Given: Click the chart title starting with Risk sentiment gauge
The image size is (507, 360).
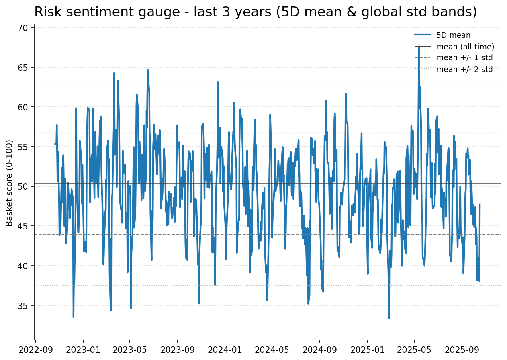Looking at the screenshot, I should click(256, 12).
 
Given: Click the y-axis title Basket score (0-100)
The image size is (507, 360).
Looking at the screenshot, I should click(10, 183).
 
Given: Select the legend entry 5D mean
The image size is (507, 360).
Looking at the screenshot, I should click(453, 35).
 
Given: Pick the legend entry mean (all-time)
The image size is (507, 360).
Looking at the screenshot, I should click(465, 47).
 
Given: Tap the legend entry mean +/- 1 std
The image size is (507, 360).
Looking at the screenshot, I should click(464, 58).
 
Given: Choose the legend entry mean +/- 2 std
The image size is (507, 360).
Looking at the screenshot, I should click(464, 69).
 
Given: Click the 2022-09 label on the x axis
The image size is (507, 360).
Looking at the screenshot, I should click(36, 350).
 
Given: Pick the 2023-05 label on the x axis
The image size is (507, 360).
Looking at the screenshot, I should click(130, 350).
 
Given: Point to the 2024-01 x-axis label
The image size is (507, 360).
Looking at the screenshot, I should click(225, 350).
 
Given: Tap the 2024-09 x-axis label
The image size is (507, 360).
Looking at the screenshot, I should click(320, 350).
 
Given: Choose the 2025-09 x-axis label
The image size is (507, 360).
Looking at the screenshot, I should click(462, 350).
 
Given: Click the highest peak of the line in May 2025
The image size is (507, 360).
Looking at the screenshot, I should click(419, 46).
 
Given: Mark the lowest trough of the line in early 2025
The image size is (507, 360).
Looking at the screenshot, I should click(389, 318).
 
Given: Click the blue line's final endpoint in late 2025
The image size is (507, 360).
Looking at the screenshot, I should click(480, 204).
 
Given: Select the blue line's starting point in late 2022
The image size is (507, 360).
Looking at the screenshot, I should click(55, 144).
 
